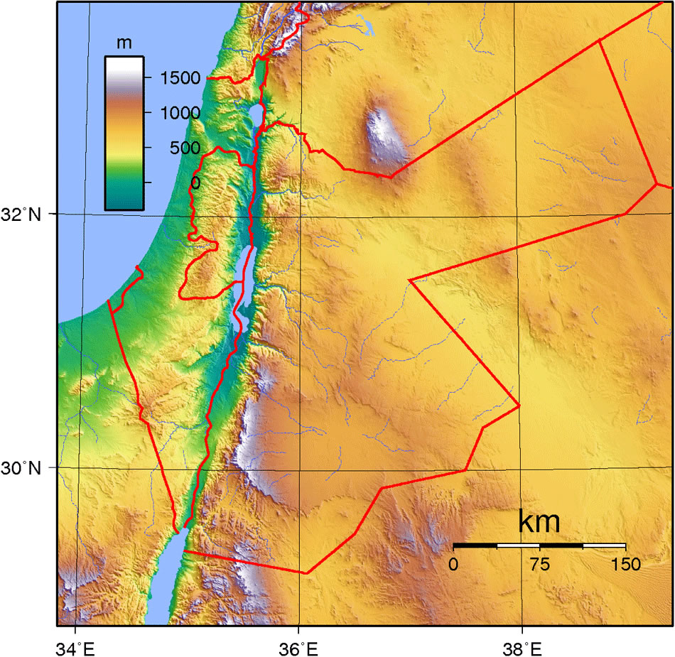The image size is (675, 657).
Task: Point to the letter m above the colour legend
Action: (x=124, y=43)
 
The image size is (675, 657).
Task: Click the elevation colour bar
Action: (x=124, y=133)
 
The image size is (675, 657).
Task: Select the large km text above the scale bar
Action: (x=539, y=522)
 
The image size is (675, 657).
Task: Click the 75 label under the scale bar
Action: (x=539, y=565)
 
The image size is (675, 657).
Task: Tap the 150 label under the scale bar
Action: (x=625, y=565)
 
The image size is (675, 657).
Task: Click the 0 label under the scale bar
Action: (x=453, y=565)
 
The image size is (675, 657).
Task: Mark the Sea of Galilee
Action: (x=256, y=114)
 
